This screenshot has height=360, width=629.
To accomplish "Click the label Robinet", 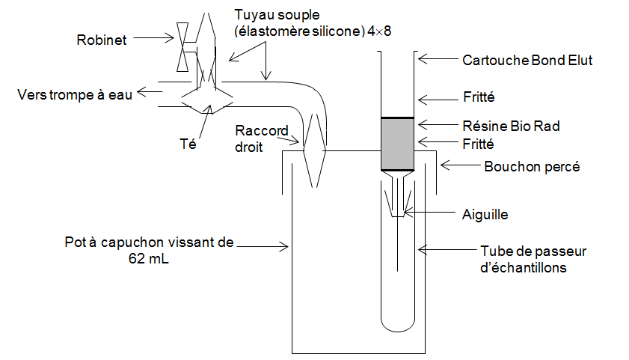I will click(x=102, y=40).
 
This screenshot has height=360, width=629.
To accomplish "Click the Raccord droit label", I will click(x=262, y=138).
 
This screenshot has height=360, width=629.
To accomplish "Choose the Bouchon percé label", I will click(x=532, y=166).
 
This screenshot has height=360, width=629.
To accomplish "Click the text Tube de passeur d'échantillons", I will click(x=523, y=259).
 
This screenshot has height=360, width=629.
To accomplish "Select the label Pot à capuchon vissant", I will click(x=150, y=242).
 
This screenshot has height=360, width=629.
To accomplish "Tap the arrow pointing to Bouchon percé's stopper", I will click(x=458, y=165).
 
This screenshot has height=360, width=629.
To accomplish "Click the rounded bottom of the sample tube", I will click(x=397, y=323).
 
